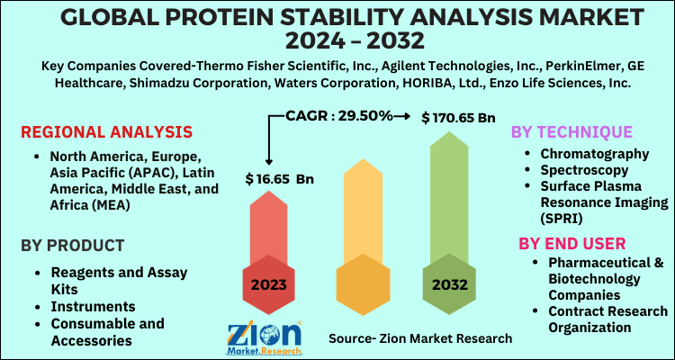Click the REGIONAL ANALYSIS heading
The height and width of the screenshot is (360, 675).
tap(106, 132)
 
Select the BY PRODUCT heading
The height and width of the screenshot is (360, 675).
tap(72, 245)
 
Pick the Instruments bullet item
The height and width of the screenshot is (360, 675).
tap(93, 307)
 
